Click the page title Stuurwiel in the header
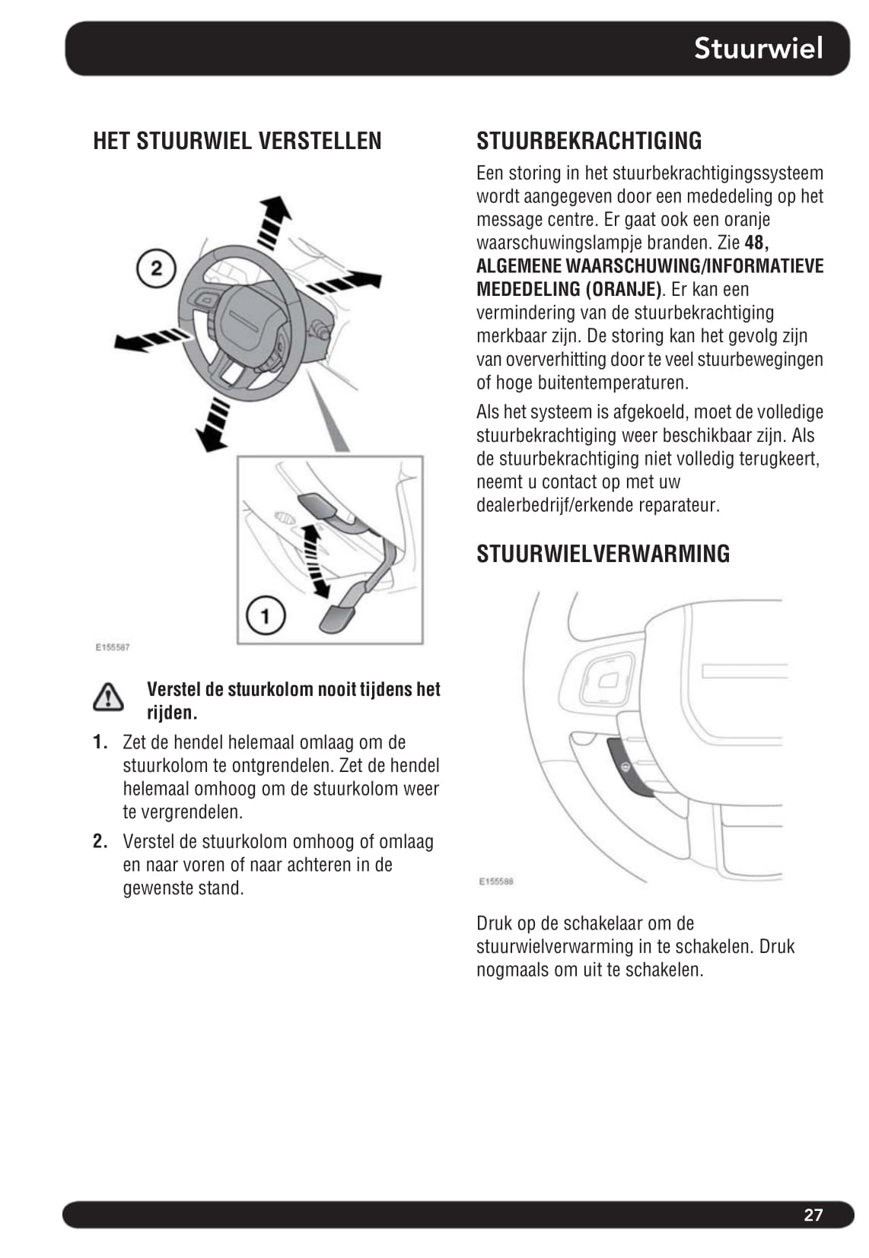(x=758, y=48)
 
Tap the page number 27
(x=813, y=1214)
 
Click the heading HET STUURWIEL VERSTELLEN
(x=237, y=141)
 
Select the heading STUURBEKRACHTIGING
(x=589, y=141)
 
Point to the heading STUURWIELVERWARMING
(x=603, y=553)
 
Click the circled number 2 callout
(x=156, y=268)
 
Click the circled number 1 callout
(x=265, y=615)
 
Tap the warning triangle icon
(x=109, y=697)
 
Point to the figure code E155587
(x=113, y=647)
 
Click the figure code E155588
(x=496, y=882)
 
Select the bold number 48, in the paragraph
(x=756, y=243)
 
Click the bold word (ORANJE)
(x=624, y=290)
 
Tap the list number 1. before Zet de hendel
(x=100, y=742)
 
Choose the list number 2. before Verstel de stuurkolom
(x=100, y=841)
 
